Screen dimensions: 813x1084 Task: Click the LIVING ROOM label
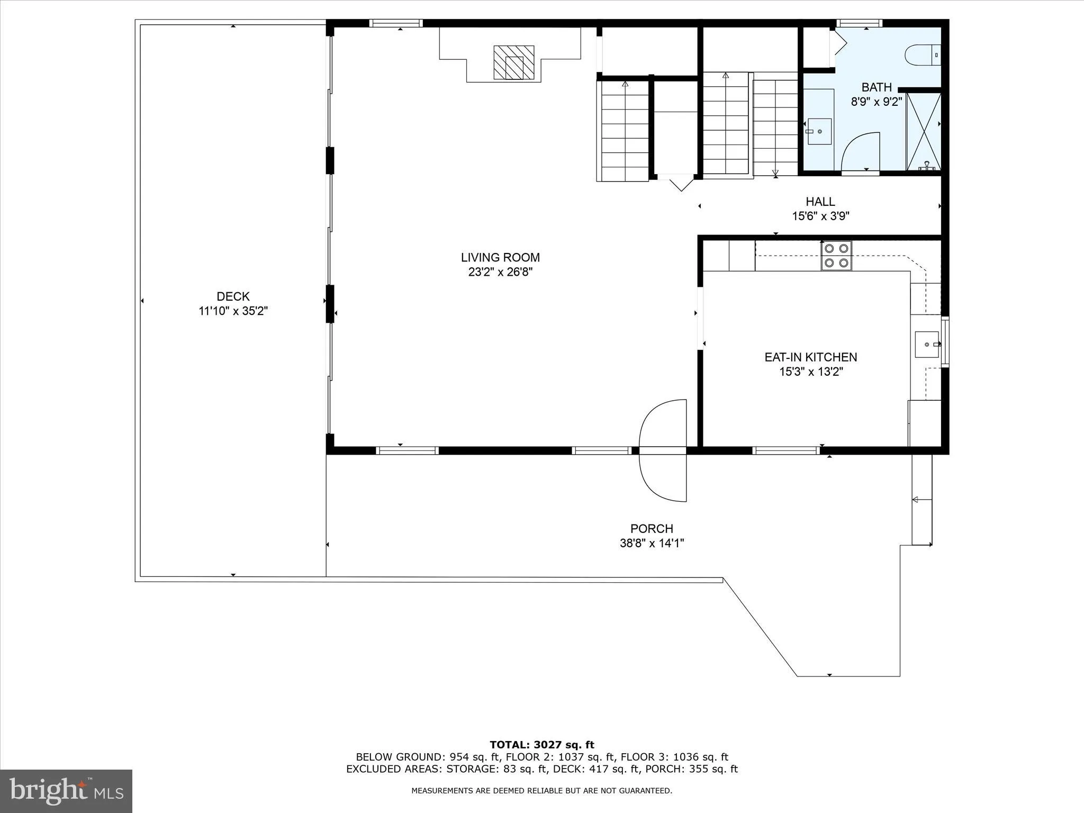500,257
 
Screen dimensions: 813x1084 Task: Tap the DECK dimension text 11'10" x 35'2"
233,311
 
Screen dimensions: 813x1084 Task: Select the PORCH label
652,528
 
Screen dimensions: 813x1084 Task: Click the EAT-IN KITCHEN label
810,357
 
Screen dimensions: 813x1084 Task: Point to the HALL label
820,201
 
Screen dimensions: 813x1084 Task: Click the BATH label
876,87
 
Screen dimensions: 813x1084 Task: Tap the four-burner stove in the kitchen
836,256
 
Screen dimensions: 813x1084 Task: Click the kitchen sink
927,345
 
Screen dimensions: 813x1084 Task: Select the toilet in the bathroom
922,55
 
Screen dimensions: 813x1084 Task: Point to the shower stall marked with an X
924,131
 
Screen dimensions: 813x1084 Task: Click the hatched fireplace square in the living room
513,62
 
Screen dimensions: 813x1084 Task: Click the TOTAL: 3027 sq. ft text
541,745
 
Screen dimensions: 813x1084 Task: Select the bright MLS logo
66,791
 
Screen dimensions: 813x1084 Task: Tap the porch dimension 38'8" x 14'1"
652,543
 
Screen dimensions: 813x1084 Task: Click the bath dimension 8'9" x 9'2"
876,102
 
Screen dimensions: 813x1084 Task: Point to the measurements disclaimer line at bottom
541,790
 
